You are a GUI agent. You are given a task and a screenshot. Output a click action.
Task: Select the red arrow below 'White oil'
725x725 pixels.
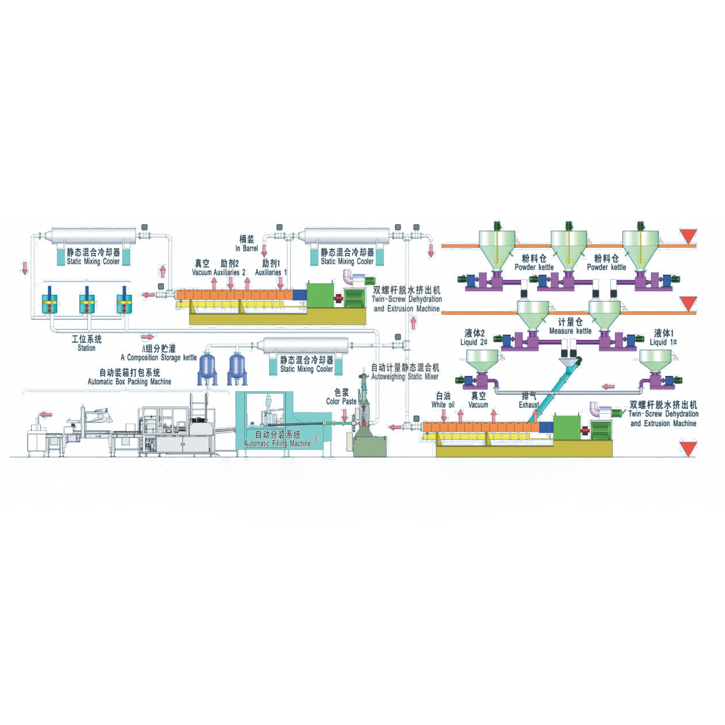click(444, 415)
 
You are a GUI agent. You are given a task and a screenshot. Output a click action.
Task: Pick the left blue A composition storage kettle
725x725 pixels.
click(207, 368)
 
